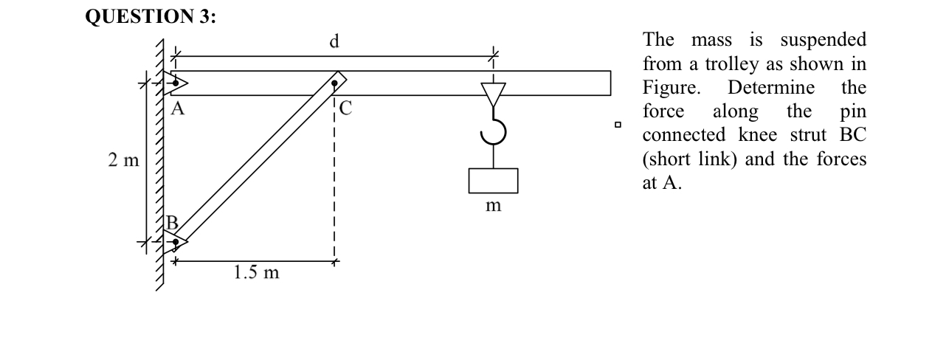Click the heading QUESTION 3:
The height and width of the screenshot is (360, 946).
151,17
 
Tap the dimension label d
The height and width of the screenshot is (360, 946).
334,41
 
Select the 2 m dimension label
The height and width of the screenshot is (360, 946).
123,160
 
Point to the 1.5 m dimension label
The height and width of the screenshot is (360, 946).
256,272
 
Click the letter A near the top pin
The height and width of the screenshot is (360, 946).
178,109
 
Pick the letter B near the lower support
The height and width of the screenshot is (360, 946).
173,222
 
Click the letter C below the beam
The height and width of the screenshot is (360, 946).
345,108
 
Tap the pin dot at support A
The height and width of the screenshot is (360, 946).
176,83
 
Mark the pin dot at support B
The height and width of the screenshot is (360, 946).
176,242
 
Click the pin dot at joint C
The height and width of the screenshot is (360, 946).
334,83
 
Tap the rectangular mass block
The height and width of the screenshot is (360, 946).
493,181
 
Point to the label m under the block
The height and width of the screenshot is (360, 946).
493,206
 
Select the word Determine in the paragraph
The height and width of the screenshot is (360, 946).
771,88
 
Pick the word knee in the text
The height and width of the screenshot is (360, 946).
758,135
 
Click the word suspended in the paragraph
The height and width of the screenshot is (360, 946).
823,41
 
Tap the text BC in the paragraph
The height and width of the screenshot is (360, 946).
853,135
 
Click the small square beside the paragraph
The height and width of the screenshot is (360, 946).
618,125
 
